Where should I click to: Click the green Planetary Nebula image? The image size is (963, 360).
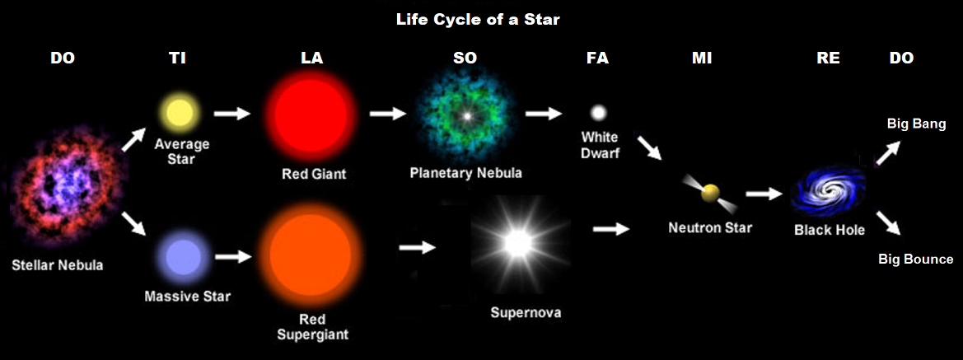[465, 115]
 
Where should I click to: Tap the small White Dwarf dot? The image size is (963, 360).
[598, 111]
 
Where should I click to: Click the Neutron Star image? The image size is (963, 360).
[708, 194]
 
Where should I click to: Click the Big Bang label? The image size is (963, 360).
[916, 124]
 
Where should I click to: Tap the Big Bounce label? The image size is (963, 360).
[915, 259]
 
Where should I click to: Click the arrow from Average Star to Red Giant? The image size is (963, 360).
[231, 112]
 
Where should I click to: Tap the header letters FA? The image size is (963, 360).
[597, 58]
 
